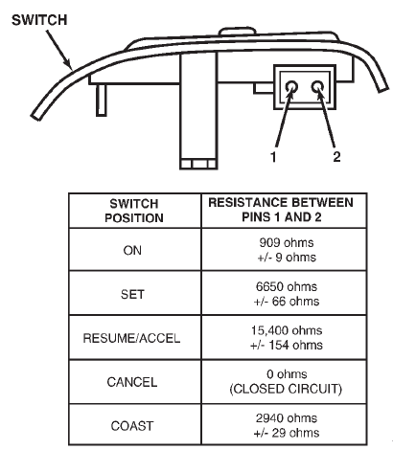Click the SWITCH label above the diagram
click(39, 20)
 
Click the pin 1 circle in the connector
click(291, 87)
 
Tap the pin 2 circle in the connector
click(317, 87)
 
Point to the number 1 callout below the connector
click(273, 157)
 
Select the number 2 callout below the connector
click(336, 156)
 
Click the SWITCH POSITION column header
click(134, 211)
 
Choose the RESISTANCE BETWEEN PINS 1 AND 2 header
click(281, 210)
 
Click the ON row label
click(132, 250)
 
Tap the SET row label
click(132, 294)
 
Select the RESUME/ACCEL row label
click(131, 338)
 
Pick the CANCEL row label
click(132, 382)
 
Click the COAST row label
click(132, 426)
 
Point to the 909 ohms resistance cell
click(287, 250)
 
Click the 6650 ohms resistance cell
click(287, 294)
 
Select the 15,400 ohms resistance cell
click(287, 338)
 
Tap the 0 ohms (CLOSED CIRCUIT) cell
click(286, 381)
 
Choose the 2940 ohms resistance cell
click(287, 425)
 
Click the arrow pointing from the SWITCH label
click(59, 50)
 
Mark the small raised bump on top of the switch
click(238, 31)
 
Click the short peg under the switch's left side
click(102, 100)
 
